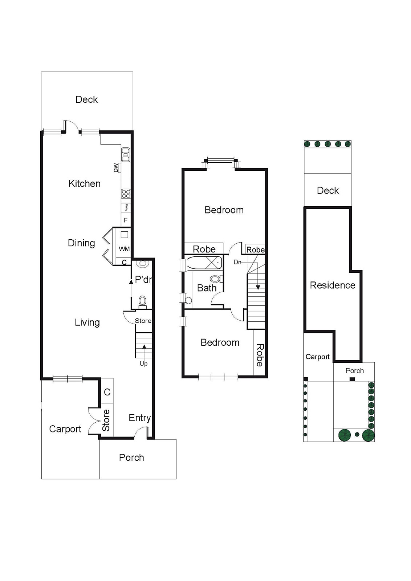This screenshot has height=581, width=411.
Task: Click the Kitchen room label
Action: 84,184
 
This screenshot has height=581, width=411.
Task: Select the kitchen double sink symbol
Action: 126,155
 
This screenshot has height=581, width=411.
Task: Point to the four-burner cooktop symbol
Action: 126,194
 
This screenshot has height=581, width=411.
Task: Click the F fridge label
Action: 126,220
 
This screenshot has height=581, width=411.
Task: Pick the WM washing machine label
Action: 124,249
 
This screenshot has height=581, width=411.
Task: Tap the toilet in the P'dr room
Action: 143,301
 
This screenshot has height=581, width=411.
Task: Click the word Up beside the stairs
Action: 143,363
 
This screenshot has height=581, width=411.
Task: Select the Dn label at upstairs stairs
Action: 237,262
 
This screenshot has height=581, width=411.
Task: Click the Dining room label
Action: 81,243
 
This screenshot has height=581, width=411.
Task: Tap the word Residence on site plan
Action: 332,285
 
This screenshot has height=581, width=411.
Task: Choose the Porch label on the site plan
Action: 354,371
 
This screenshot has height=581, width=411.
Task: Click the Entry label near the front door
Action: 139,418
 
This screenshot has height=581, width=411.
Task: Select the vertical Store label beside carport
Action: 106,420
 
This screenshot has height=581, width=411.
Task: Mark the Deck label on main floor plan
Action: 86,99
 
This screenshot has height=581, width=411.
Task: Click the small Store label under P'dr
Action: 143,321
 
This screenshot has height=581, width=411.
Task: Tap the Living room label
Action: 87,322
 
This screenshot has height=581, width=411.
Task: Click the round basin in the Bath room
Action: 188,301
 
